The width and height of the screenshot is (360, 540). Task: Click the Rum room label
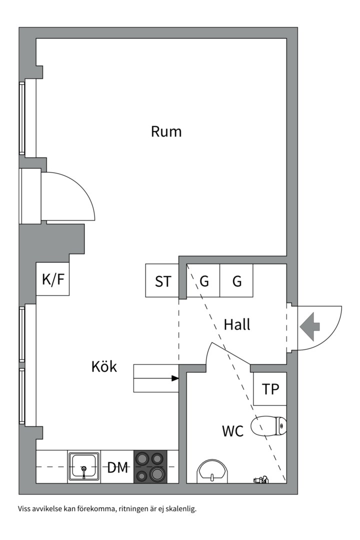pyautogui.click(x=166, y=132)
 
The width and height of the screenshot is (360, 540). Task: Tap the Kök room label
pyautogui.click(x=104, y=366)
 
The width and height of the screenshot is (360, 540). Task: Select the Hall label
pyautogui.click(x=237, y=324)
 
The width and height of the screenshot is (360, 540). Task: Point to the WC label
pyautogui.click(x=233, y=430)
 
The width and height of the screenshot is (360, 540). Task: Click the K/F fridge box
pyautogui.click(x=53, y=279)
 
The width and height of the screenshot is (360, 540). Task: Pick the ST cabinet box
pyautogui.click(x=162, y=281)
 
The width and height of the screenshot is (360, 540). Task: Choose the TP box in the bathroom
pyautogui.click(x=270, y=389)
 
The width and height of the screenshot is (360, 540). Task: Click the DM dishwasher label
pyautogui.click(x=118, y=467)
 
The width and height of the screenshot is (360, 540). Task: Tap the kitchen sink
pyautogui.click(x=84, y=466)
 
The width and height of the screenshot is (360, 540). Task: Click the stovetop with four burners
pyautogui.click(x=150, y=466)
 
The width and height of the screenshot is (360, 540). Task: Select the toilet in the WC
pyautogui.click(x=269, y=426)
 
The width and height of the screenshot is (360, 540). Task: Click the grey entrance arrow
pyautogui.click(x=310, y=326)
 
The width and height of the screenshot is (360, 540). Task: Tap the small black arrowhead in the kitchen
pyautogui.click(x=175, y=378)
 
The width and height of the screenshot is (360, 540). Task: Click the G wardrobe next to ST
pyautogui.click(x=204, y=281)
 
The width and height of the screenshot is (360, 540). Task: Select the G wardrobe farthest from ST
pyautogui.click(x=237, y=281)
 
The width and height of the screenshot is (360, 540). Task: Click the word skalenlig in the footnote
pyautogui.click(x=179, y=509)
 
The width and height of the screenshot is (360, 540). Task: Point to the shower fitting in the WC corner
pyautogui.click(x=261, y=480)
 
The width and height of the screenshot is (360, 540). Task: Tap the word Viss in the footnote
pyautogui.click(x=25, y=509)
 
